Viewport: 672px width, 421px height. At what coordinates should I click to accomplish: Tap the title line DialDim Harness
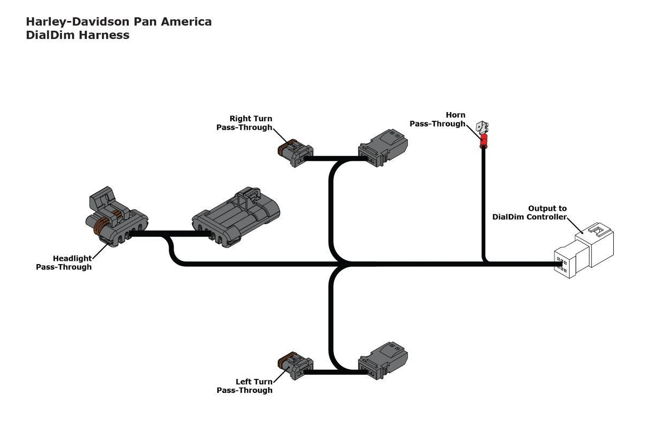[78, 35]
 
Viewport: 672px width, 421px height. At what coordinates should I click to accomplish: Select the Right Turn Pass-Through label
[244, 123]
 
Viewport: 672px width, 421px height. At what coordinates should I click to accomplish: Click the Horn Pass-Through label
[437, 119]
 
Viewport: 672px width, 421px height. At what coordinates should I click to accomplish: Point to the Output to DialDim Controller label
[530, 212]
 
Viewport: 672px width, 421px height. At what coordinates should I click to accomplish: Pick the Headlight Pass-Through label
[64, 263]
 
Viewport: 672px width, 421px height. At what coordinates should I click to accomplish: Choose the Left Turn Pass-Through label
[244, 386]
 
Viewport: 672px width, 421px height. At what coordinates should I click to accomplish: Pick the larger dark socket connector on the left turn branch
[383, 360]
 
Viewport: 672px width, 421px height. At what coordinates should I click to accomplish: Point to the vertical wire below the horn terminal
[484, 205]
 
